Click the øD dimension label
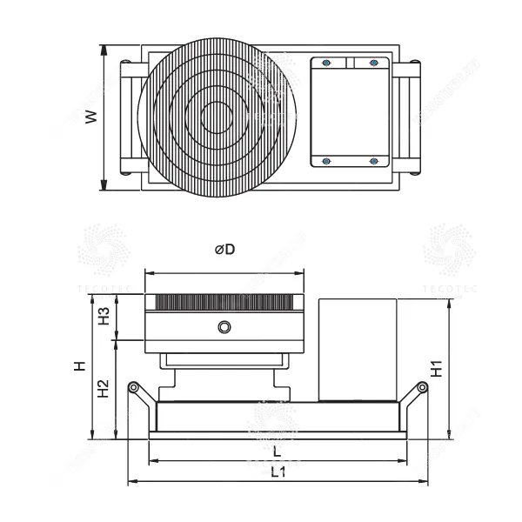click(225, 250)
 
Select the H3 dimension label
click(104, 316)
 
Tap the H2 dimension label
click(104, 388)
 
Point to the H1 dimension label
click(463, 368)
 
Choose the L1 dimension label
click(277, 472)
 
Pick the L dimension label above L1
click(277, 452)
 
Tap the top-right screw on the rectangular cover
click(374, 63)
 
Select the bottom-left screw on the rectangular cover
click(326, 161)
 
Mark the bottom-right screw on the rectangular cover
click(374, 161)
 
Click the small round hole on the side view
click(225, 326)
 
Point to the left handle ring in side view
click(132, 387)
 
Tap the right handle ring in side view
click(422, 387)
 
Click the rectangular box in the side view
click(358, 348)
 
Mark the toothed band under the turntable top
click(225, 303)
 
